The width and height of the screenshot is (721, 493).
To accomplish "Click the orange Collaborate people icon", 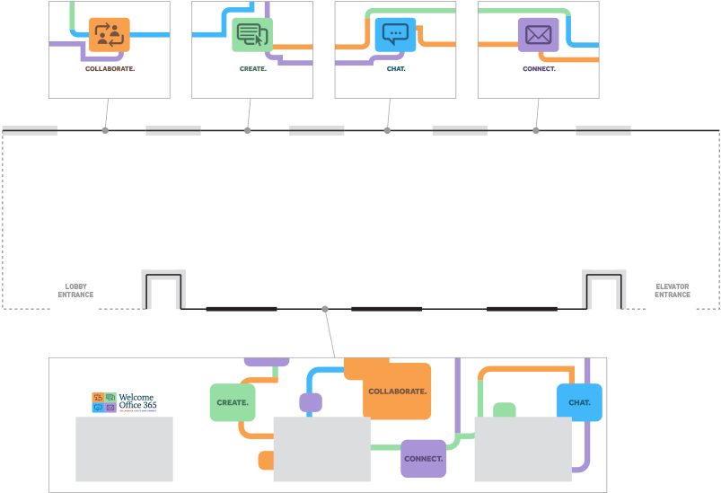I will point(110,35).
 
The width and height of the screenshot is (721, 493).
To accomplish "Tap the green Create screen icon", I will point(251,35).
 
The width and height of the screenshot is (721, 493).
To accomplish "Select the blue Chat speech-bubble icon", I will point(395,34).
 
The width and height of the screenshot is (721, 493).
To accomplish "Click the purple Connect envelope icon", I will point(538,35).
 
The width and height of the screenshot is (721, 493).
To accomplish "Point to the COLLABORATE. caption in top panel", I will point(110,68).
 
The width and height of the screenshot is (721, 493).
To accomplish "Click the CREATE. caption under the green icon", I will point(252,68).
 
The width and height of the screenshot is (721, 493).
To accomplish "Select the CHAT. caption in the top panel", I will point(395,68).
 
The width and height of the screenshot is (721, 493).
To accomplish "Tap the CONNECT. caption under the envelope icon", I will point(539,68).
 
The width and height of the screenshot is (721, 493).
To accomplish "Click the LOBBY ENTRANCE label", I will point(75,291).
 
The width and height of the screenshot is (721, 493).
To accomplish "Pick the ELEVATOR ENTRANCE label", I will point(672,291).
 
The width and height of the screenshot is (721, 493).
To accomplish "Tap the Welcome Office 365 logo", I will point(124,401).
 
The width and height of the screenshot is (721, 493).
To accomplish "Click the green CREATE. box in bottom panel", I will point(233,402).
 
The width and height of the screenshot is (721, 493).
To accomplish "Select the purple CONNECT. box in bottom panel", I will point(423,458).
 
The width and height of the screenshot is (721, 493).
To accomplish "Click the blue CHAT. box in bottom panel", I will point(579,402).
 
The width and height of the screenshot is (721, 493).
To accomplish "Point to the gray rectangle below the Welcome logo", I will point(124,449).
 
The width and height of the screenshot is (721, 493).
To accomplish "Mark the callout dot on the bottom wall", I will point(325,310).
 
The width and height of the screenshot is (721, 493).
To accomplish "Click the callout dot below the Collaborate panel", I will point(105,130).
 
